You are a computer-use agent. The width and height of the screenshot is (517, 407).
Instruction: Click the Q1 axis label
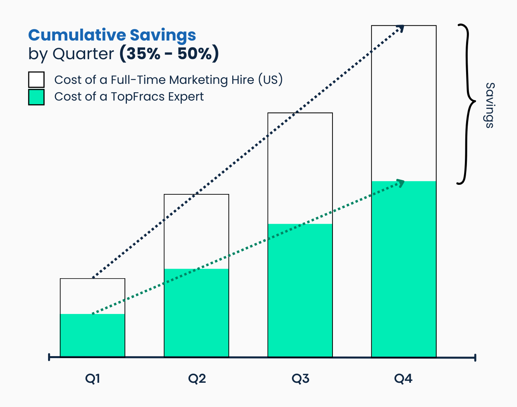pos(92,379)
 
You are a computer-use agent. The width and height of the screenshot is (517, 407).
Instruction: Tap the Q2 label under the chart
pos(197,379)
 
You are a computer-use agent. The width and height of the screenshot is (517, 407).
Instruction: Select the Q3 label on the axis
pos(300,379)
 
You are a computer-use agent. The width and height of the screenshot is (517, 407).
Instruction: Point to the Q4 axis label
pos(403,379)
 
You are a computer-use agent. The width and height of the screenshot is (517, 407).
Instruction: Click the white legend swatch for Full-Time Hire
pos(36,79)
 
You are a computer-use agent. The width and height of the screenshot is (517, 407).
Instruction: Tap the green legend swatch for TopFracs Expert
pos(36,97)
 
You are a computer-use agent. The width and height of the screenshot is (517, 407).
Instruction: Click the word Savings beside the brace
pos(490,105)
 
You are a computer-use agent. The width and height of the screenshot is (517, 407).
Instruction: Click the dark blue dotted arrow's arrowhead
pos(401,28)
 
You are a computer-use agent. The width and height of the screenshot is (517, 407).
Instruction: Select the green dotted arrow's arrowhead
pos(401,183)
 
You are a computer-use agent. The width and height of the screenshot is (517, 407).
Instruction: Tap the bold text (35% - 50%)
pos(169,54)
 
